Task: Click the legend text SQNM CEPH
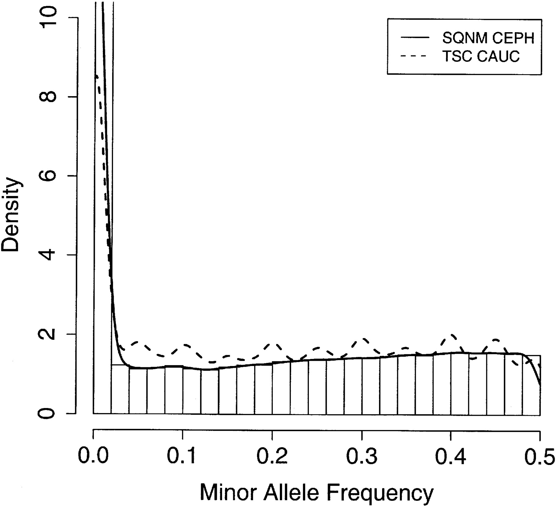pyautogui.click(x=488, y=38)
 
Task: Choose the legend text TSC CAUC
pyautogui.click(x=481, y=56)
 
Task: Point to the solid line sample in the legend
pyautogui.click(x=415, y=38)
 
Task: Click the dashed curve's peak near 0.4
pyautogui.click(x=453, y=334)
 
